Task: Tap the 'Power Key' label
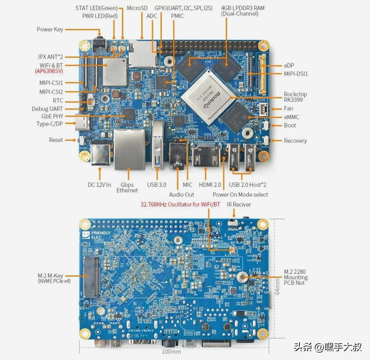[x=50, y=29]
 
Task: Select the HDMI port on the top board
[x=207, y=155]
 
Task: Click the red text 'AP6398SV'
[x=49, y=71]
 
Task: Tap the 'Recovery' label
[x=295, y=141]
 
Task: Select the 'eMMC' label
[x=291, y=117]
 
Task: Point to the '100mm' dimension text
[x=171, y=352]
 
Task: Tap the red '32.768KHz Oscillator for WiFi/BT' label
[x=180, y=204]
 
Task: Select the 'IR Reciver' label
[x=239, y=204]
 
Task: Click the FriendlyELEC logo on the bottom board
[x=97, y=235]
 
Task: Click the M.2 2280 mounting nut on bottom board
[x=242, y=277]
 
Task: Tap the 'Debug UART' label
[x=47, y=109]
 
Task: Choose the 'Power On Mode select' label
[x=240, y=195]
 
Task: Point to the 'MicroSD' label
[x=137, y=8]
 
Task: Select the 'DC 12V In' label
[x=99, y=185]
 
